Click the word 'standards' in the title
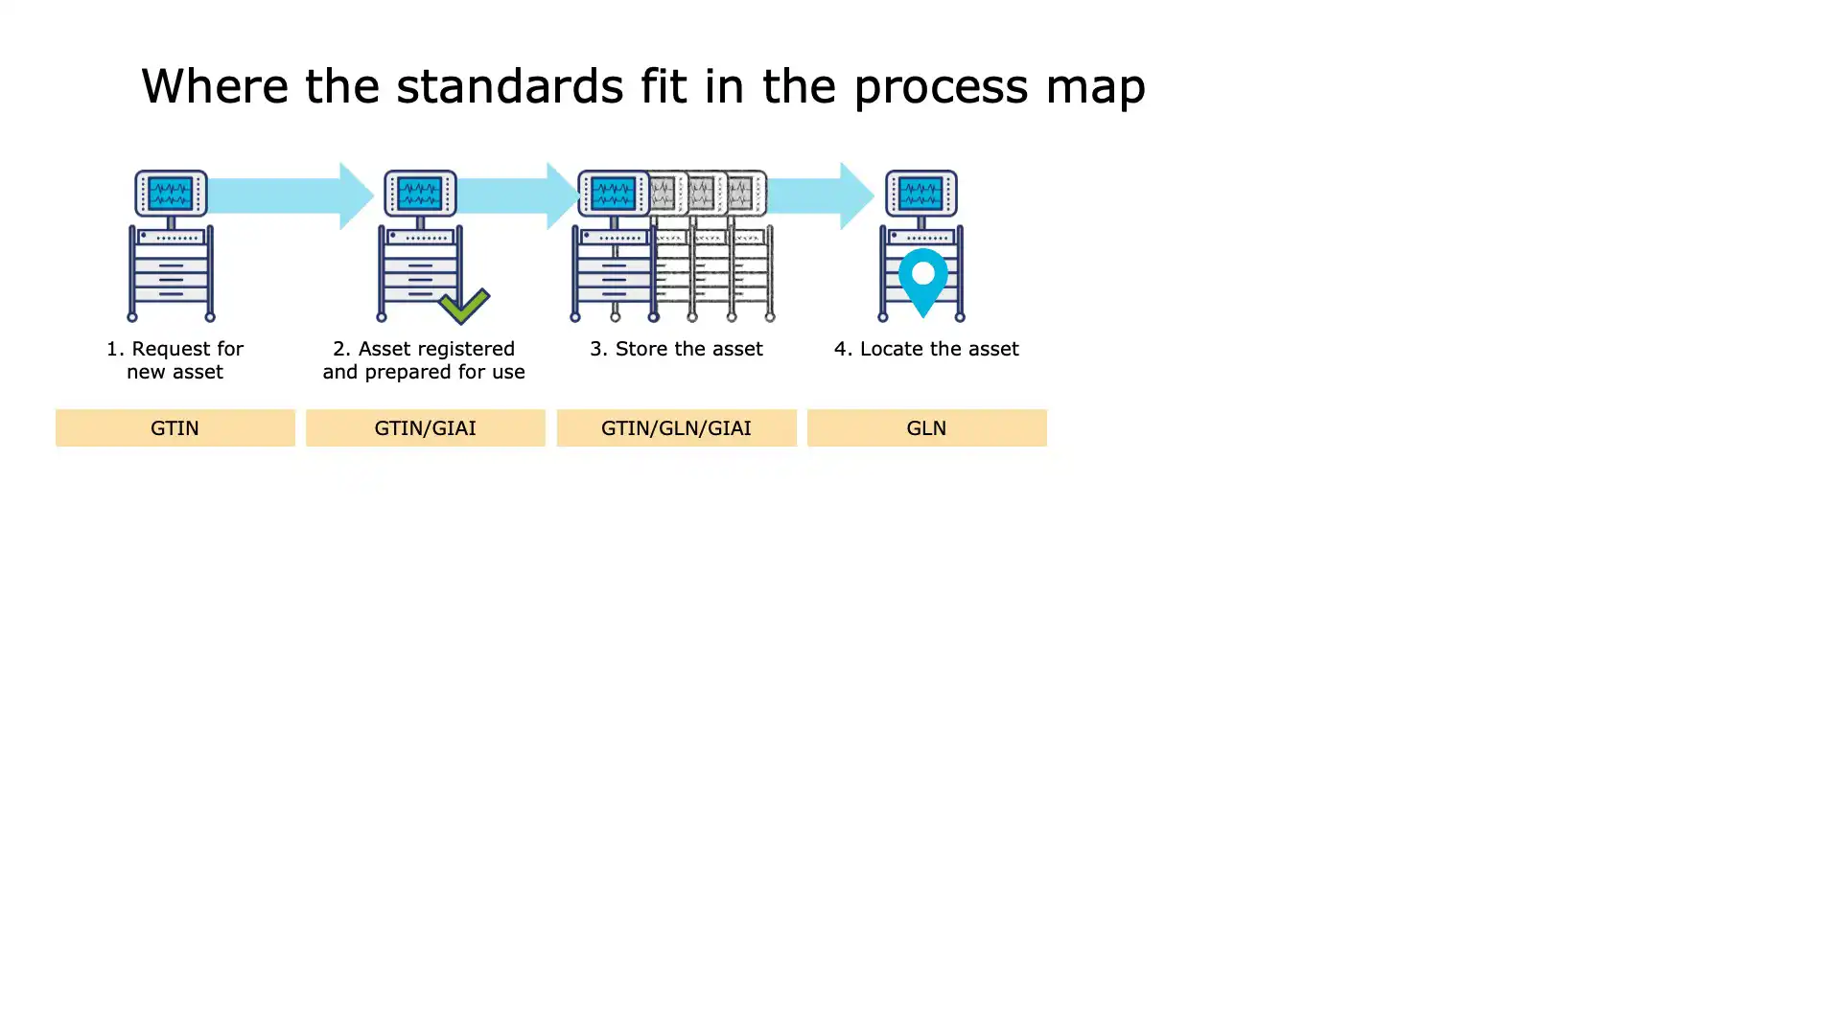coord(510,85)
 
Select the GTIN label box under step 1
coord(175,427)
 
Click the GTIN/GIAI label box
coord(425,427)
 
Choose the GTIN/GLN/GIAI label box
coord(676,427)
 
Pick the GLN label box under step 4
coord(926,427)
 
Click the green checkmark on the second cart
coord(464,306)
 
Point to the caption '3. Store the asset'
coord(676,349)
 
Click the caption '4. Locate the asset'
coord(926,349)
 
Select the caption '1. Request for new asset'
coord(175,360)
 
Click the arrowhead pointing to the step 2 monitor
coord(357,195)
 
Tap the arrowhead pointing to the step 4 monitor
coord(857,195)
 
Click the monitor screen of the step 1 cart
coord(171,194)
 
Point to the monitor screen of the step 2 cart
coord(420,194)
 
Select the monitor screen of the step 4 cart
coord(920,194)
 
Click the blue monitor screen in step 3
coord(614,194)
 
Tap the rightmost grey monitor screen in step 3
coord(740,194)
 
